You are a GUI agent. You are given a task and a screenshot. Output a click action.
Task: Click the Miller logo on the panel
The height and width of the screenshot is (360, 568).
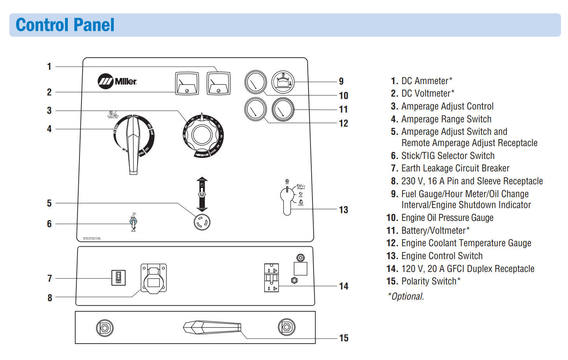pyautogui.click(x=117, y=81)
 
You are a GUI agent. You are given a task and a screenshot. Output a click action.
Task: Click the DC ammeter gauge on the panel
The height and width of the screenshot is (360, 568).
pyautogui.click(x=218, y=83)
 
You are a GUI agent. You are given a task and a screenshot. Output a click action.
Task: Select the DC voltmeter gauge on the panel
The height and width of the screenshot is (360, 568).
pyautogui.click(x=187, y=83)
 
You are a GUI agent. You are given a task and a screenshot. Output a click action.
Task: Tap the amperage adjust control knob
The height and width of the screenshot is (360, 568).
pyautogui.click(x=202, y=135)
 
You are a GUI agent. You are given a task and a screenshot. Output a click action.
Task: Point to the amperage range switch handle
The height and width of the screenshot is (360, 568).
pyautogui.click(x=133, y=144)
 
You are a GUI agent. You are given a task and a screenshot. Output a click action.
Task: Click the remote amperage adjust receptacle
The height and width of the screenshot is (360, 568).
pyautogui.click(x=202, y=222)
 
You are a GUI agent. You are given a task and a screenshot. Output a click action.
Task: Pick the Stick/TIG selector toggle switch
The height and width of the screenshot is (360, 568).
pyautogui.click(x=133, y=223)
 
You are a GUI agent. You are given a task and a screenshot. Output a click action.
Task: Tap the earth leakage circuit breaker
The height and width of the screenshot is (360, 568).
pyautogui.click(x=118, y=278)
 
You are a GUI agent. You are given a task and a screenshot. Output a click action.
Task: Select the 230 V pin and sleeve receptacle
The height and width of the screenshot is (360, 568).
pyautogui.click(x=153, y=278)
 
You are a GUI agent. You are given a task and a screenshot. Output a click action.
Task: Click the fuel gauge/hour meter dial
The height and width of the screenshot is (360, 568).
pyautogui.click(x=282, y=82)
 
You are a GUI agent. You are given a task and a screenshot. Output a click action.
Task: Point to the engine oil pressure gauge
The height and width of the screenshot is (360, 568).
pyautogui.click(x=255, y=82)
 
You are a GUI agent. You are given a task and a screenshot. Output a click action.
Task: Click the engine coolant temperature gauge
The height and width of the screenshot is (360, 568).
pyautogui.click(x=255, y=109)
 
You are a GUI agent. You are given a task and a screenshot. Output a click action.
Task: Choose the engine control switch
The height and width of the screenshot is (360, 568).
pyautogui.click(x=287, y=199)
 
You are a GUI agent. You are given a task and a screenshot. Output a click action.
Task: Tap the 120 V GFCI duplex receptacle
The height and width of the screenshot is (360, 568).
pyautogui.click(x=272, y=278)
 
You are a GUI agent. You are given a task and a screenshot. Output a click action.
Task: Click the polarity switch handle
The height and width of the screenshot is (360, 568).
pyautogui.click(x=212, y=327)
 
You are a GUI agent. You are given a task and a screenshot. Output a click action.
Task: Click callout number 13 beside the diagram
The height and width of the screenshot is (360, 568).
pyautogui.click(x=343, y=210)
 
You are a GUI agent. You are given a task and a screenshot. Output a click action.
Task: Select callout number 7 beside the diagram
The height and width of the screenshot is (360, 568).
pyautogui.click(x=49, y=279)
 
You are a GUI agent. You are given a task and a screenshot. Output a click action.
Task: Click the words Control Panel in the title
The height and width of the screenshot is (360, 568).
pyautogui.click(x=65, y=25)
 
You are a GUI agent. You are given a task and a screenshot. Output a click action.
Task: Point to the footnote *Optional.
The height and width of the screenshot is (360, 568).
pyautogui.click(x=406, y=296)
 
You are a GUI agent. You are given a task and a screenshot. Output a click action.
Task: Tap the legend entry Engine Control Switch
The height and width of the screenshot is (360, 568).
pyautogui.click(x=442, y=256)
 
